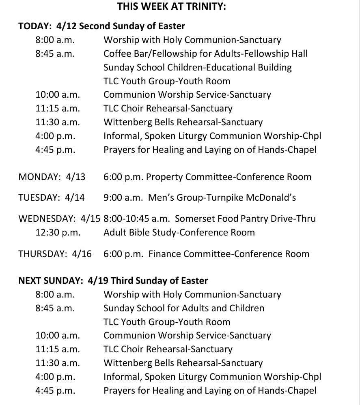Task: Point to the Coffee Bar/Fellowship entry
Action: (x=205, y=54)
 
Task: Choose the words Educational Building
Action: (x=252, y=67)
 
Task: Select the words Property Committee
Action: (x=175, y=177)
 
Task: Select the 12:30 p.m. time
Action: (x=58, y=233)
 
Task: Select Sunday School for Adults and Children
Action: (x=184, y=308)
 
